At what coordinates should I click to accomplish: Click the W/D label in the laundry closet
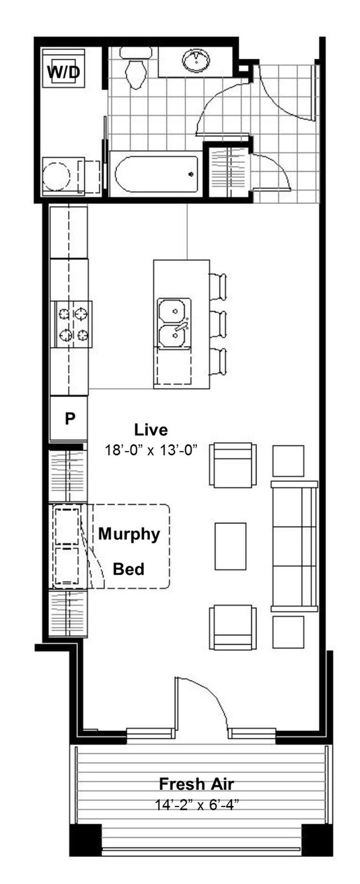coord(64,72)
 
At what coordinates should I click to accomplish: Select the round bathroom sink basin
coord(196,61)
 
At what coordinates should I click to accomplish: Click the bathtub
coord(156,174)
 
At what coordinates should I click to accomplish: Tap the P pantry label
coord(70,418)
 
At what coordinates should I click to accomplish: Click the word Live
coord(151,430)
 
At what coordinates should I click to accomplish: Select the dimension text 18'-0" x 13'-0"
coord(151,450)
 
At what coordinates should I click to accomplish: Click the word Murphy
coord(129,534)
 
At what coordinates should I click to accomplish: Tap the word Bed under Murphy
coord(128,569)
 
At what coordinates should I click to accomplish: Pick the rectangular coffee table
coord(230,546)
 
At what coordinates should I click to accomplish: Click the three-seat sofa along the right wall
coord(295,546)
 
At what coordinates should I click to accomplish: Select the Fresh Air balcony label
coord(196,784)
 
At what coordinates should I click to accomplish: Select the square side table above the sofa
coord(289,461)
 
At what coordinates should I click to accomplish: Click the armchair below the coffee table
coord(233,628)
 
